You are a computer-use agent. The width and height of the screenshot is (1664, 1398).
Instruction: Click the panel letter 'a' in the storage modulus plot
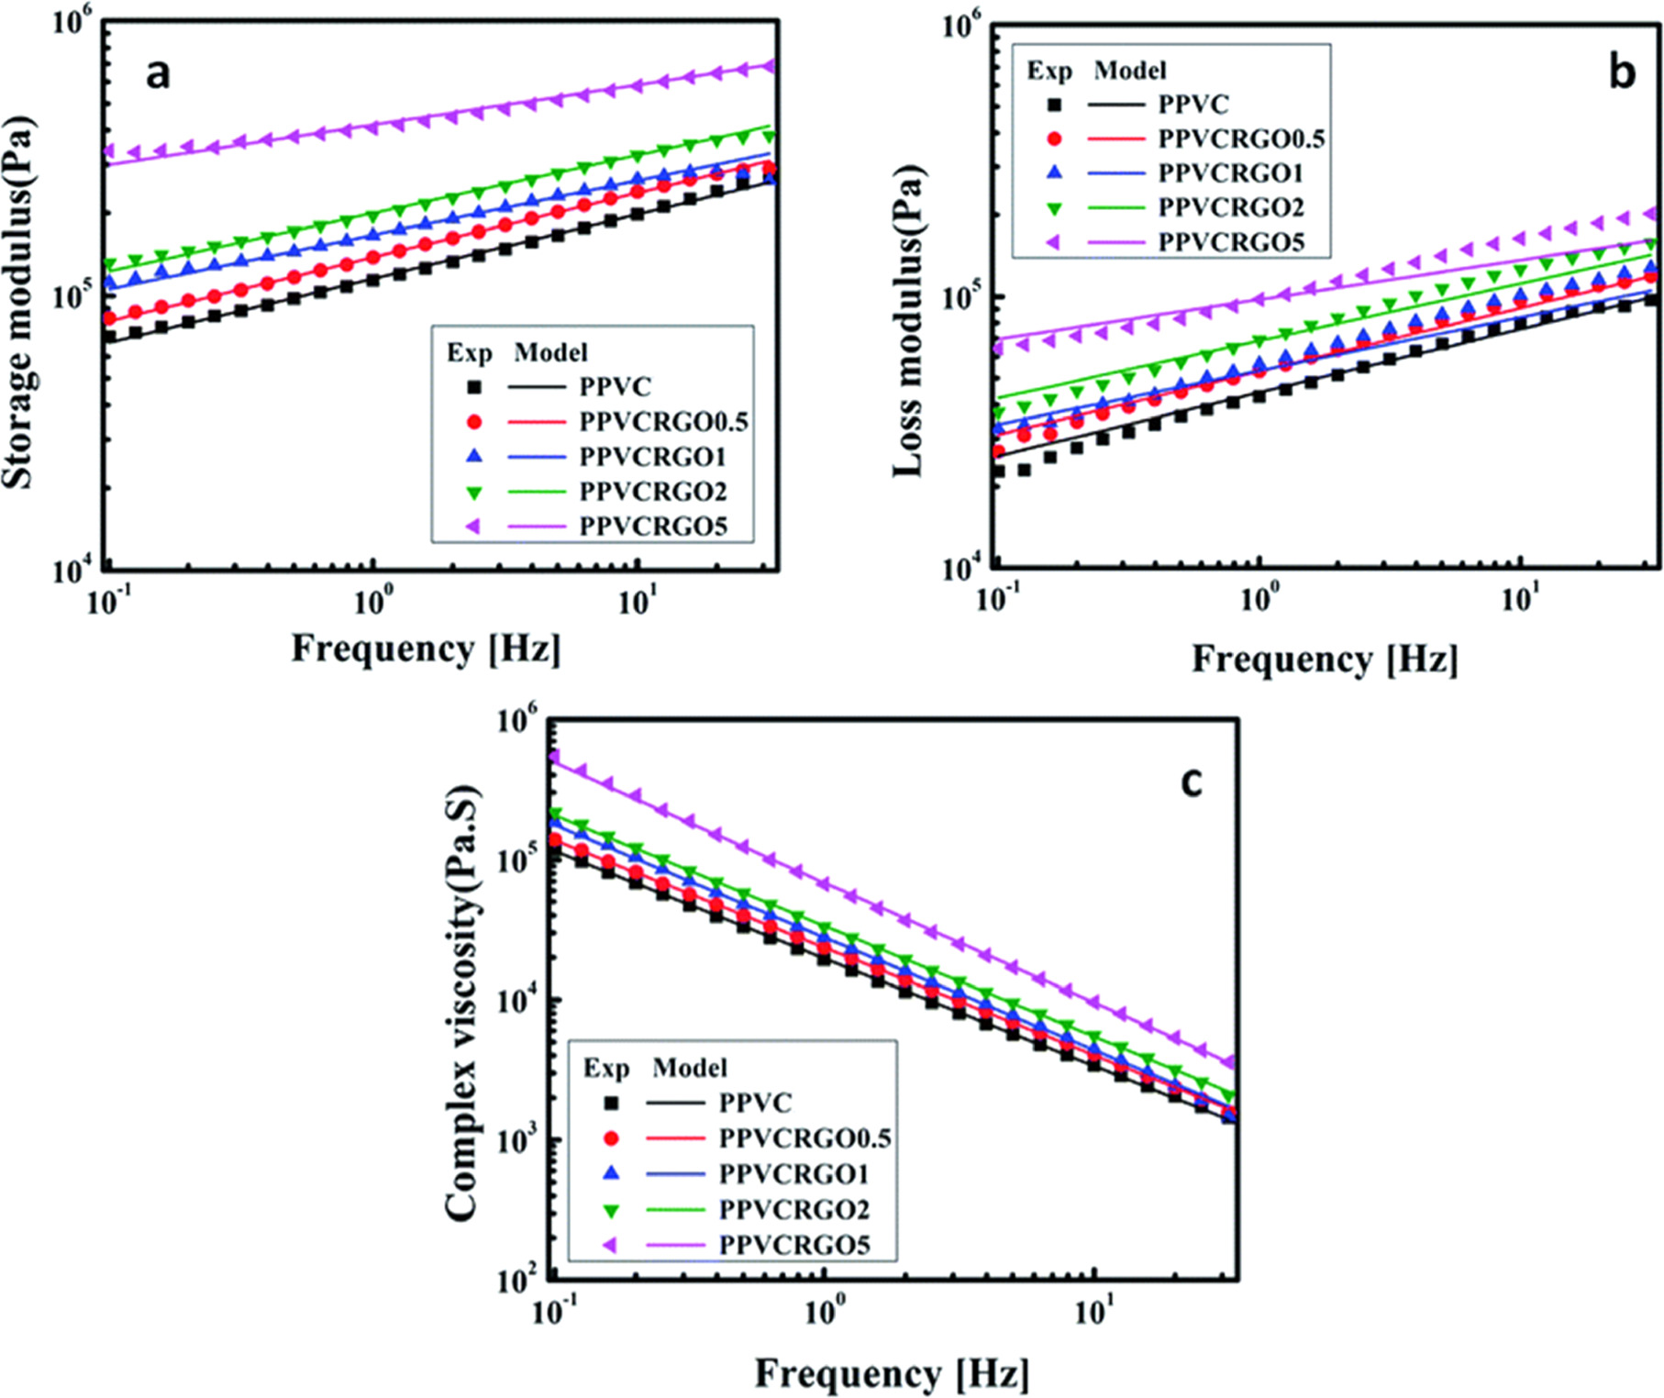(158, 73)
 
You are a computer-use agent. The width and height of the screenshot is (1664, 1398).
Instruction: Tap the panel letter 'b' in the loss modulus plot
(1622, 73)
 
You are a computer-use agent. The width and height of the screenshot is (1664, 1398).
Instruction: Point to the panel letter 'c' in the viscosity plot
(1191, 782)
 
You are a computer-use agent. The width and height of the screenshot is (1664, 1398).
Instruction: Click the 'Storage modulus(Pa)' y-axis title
(20, 303)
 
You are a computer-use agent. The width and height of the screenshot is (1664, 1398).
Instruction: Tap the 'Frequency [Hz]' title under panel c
(892, 1373)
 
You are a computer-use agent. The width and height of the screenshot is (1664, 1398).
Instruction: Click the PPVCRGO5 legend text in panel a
(653, 527)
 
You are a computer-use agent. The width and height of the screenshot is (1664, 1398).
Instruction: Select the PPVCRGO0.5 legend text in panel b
(1240, 139)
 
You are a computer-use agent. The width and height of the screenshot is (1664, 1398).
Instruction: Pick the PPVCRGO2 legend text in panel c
(793, 1210)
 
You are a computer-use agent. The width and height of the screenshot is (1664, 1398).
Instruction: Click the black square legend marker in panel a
(474, 387)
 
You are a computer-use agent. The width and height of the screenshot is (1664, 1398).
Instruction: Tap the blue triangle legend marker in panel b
(1054, 172)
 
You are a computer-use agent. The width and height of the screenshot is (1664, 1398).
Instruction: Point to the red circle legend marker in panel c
(611, 1138)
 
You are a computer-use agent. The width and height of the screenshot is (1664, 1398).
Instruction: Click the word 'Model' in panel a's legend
(550, 352)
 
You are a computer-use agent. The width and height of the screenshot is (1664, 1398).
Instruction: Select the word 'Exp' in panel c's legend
(605, 1069)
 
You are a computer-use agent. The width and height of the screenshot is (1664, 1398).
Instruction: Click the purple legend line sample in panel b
(1116, 242)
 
